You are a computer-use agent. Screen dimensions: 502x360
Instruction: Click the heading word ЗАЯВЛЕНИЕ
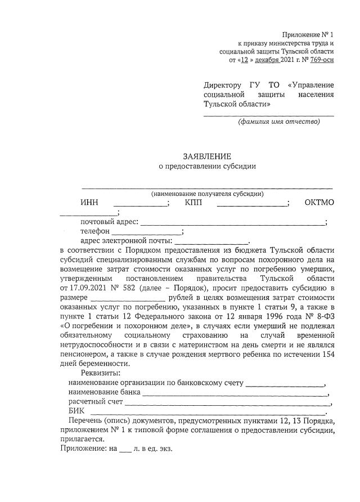click(x=206, y=156)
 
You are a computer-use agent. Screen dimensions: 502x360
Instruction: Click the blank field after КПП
click(x=251, y=204)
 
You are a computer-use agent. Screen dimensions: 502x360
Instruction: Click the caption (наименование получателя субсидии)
click(x=207, y=194)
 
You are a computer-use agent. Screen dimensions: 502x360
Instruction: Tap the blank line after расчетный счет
click(x=227, y=404)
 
